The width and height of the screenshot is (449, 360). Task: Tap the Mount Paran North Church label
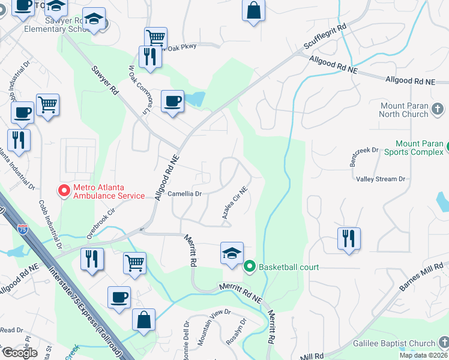point(404,110)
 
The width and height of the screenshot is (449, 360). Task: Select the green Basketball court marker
point(250,266)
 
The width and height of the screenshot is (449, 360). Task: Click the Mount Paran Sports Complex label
point(419,148)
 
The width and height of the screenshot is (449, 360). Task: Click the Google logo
point(19,352)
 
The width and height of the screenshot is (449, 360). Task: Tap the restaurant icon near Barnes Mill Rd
point(348,238)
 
